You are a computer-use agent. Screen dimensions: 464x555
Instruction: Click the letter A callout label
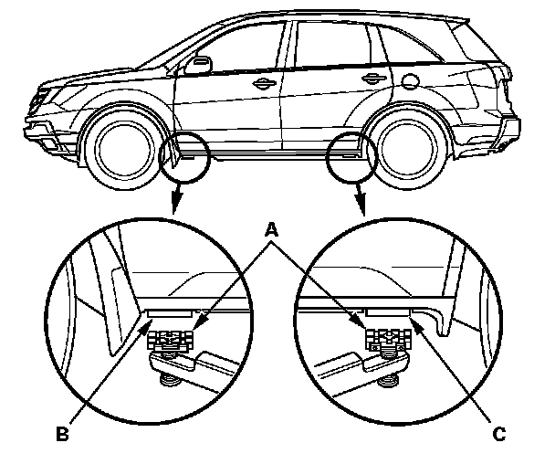point(272,232)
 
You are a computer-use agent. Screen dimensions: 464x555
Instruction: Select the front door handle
point(264,83)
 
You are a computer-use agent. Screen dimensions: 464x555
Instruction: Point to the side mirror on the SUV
point(198,65)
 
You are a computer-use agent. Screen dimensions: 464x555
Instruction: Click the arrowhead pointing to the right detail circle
point(364,208)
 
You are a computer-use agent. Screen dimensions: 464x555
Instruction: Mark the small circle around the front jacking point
point(185,157)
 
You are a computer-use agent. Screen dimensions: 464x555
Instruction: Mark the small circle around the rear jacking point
point(350,156)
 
